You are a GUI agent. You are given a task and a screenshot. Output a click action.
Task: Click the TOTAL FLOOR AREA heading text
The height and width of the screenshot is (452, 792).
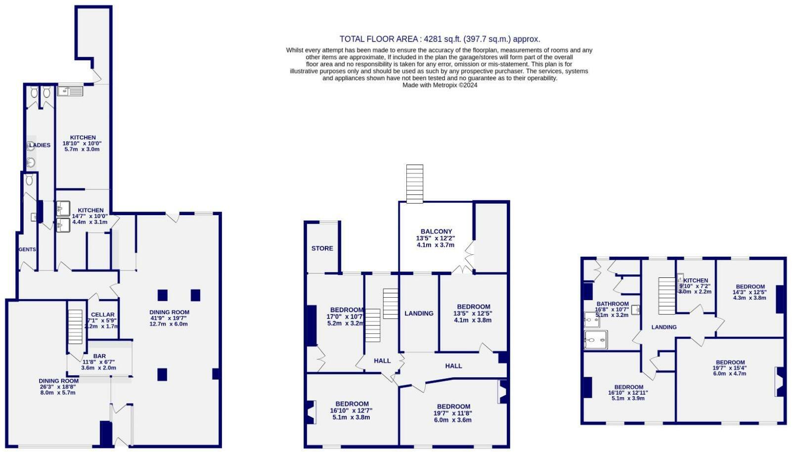coord(440,39)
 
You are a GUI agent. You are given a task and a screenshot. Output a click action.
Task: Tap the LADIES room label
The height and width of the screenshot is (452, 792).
coord(40,145)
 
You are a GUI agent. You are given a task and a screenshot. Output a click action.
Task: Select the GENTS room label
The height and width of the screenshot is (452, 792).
coord(27,249)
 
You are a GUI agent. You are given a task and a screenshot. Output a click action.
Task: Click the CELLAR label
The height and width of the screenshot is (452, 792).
coord(102,315)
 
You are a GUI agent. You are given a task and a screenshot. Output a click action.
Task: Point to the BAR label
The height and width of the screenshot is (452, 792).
coord(99,356)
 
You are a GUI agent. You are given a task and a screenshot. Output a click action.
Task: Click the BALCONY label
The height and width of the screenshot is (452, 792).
coord(436,231)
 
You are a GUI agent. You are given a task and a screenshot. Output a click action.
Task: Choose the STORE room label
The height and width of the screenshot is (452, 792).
coord(322,248)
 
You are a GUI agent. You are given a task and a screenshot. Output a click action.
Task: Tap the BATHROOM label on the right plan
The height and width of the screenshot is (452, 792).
coord(612,304)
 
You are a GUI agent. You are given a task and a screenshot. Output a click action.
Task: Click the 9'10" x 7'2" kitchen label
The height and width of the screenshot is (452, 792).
coord(695,286)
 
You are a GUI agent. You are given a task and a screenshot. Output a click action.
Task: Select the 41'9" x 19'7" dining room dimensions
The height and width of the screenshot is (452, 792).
coord(169,318)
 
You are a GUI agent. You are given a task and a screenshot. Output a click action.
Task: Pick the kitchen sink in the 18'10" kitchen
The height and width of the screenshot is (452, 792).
coord(70,91)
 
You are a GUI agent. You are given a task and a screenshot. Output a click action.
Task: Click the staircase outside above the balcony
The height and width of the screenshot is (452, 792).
coord(415,183)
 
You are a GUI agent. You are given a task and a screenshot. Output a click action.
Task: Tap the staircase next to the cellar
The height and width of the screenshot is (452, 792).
coord(75,326)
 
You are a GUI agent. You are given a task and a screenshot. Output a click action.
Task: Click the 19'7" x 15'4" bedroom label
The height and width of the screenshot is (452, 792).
coord(730,368)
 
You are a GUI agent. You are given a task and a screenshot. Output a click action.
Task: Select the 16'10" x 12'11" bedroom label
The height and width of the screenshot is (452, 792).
coord(628,393)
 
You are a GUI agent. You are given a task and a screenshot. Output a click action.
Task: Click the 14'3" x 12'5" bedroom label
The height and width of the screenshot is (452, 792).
coord(749,292)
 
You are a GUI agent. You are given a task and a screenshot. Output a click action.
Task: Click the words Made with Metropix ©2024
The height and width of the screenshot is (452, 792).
coord(440,85)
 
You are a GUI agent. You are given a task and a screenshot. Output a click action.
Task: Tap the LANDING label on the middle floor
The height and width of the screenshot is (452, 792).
coord(419,313)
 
